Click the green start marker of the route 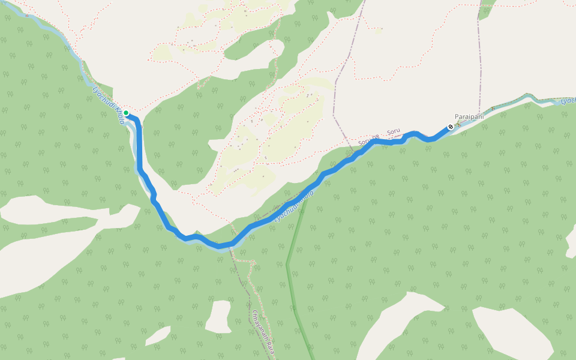point(126,113)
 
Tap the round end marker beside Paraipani point(451,127)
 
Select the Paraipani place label point(469,116)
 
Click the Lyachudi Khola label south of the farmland point(294,206)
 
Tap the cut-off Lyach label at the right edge point(568,100)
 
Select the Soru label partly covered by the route point(367,142)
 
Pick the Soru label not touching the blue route point(393,131)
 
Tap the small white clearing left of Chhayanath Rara point(220,315)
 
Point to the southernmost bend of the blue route point(220,245)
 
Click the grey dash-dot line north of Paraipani point(480,60)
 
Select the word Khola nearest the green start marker point(120,117)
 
